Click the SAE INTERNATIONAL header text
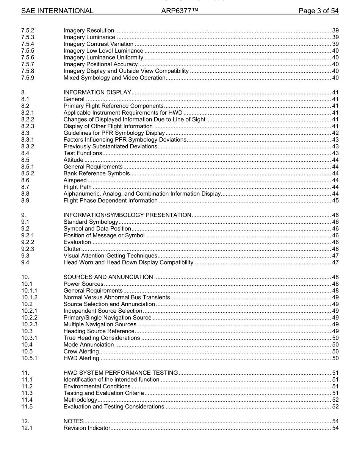(57, 11)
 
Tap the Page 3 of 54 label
(318, 11)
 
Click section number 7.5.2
(28, 30)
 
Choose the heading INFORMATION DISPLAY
(97, 92)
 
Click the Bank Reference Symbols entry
(97, 174)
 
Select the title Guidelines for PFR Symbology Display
(114, 133)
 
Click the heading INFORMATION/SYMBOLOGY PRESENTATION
(127, 215)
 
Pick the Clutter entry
(72, 249)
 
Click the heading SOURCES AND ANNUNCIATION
(108, 277)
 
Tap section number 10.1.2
(29, 297)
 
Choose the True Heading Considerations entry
(102, 338)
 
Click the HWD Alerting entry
(81, 358)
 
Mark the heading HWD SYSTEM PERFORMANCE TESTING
(121, 372)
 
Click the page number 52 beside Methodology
(335, 400)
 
